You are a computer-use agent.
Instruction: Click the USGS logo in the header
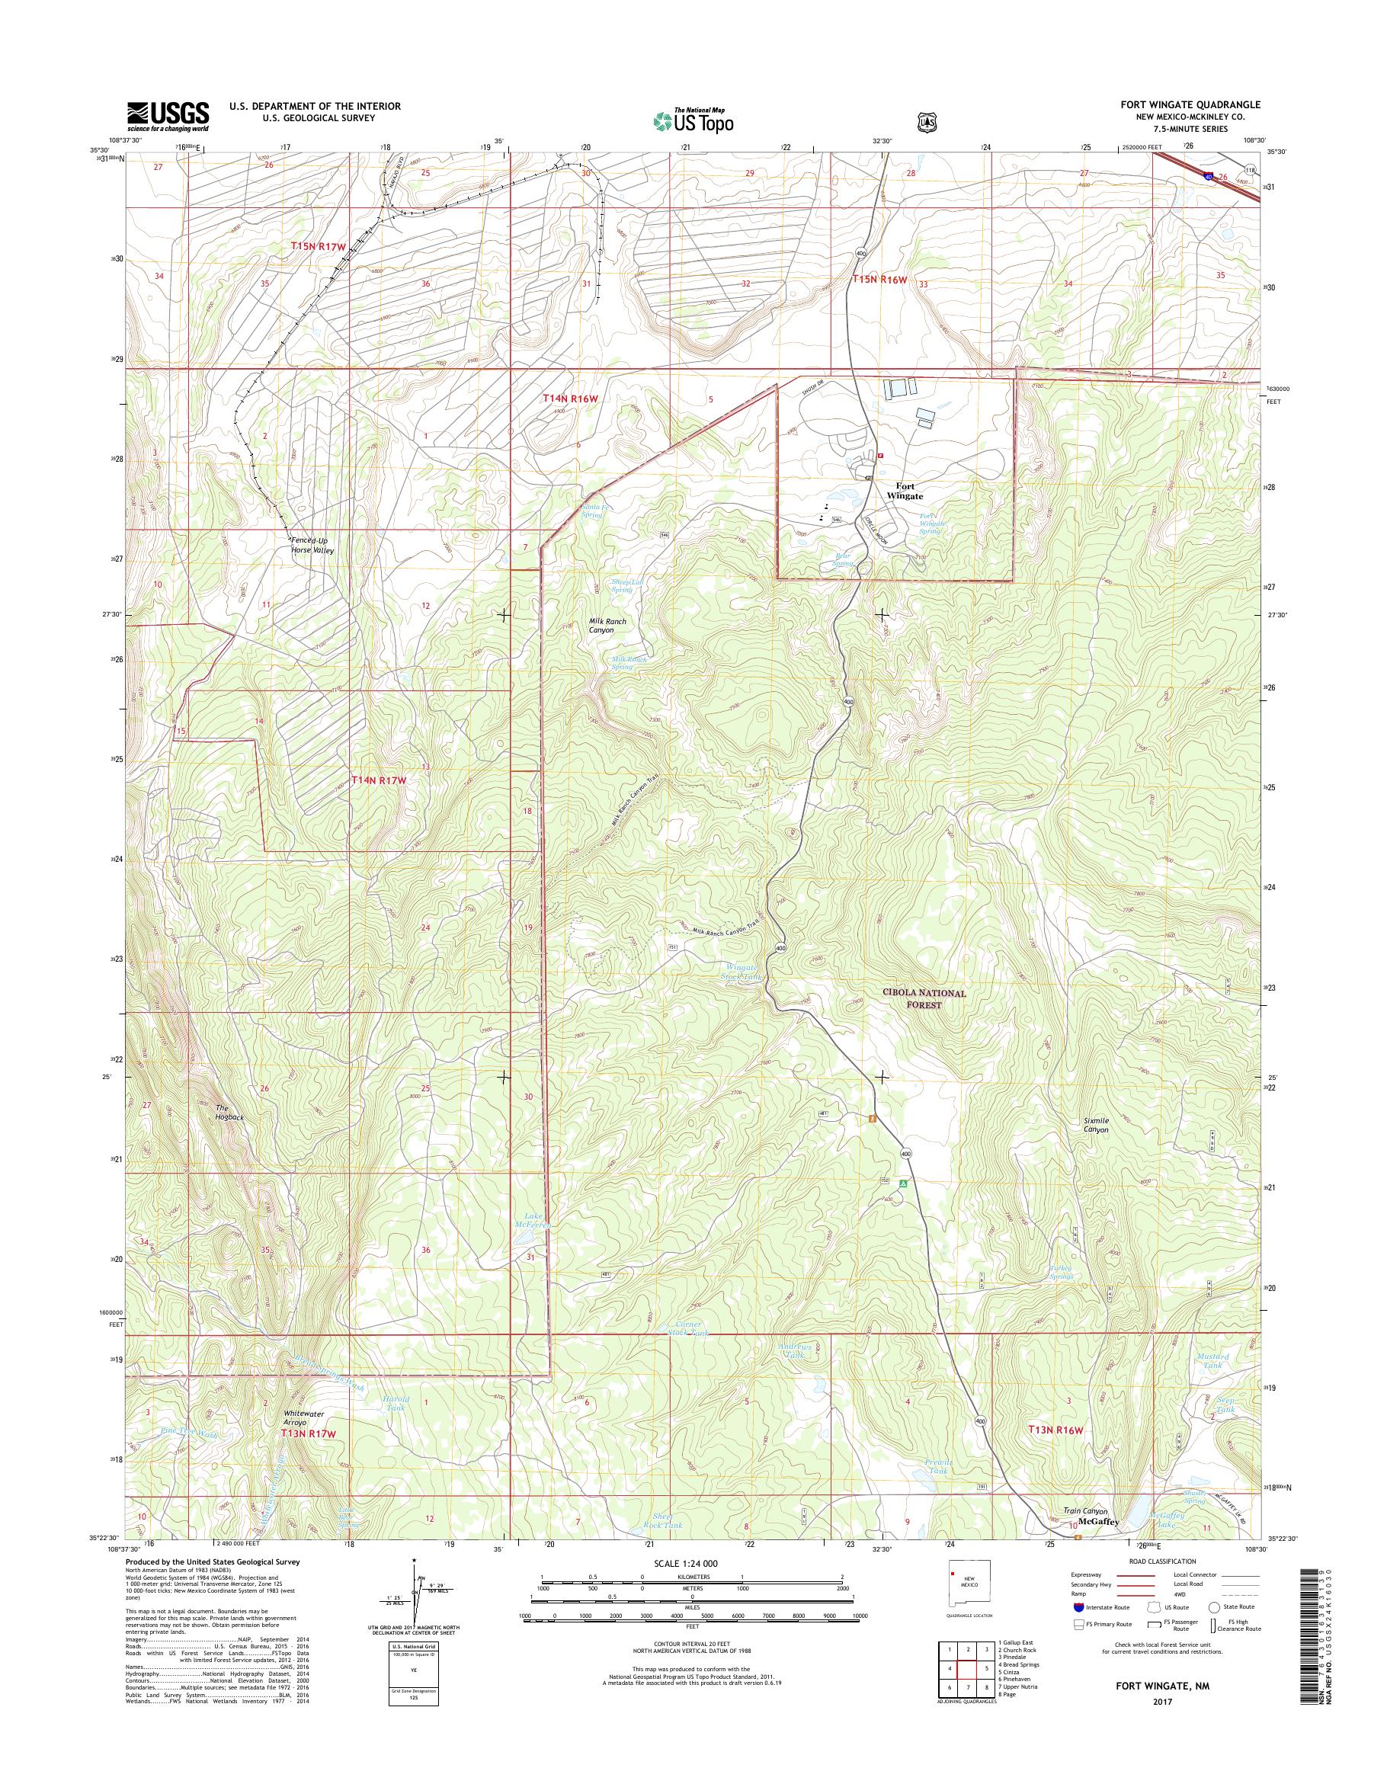(x=168, y=117)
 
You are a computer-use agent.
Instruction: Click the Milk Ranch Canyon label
(x=607, y=626)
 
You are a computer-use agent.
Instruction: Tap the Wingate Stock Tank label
(x=741, y=972)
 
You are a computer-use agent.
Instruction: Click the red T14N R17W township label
(x=377, y=780)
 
